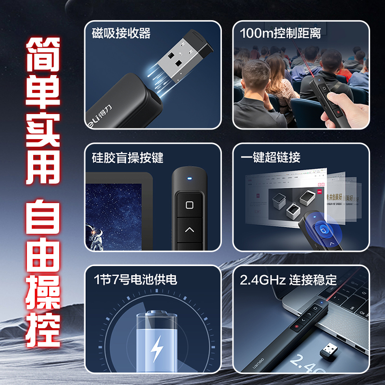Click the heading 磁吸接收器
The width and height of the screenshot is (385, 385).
(121, 33)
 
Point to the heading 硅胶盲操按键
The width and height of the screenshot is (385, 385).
(128, 157)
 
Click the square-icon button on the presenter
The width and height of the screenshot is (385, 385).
(189, 205)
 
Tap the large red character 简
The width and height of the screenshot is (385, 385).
(43, 56)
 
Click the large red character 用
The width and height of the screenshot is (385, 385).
(43, 166)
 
